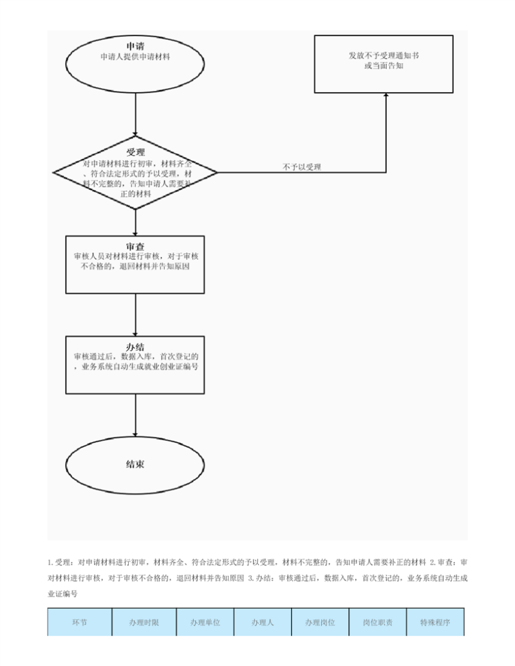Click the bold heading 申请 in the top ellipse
pyautogui.click(x=135, y=46)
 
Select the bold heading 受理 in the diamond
pyautogui.click(x=135, y=152)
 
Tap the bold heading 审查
pyautogui.click(x=135, y=247)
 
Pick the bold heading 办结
pyautogui.click(x=135, y=347)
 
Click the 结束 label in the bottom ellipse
pyautogui.click(x=135, y=464)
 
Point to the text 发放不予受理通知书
pyautogui.click(x=384, y=55)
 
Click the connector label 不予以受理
pyautogui.click(x=302, y=167)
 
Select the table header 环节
pyautogui.click(x=79, y=622)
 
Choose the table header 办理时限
pyautogui.click(x=144, y=622)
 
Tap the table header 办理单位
pyautogui.click(x=205, y=622)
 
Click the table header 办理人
pyautogui.click(x=263, y=622)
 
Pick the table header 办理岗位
pyautogui.click(x=320, y=622)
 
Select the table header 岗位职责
pyautogui.click(x=378, y=622)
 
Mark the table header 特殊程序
pyautogui.click(x=435, y=622)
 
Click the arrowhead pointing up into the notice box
pyautogui.click(x=386, y=95)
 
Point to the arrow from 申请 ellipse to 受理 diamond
pyautogui.click(x=136, y=115)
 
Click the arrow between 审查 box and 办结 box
pyautogui.click(x=136, y=315)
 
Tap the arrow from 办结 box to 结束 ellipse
pyautogui.click(x=136, y=415)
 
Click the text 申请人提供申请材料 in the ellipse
pyautogui.click(x=135, y=57)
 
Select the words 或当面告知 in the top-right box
pyautogui.click(x=384, y=66)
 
